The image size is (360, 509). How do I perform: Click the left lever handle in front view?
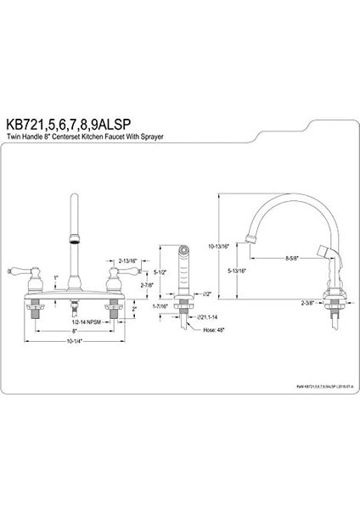pyautogui.click(x=37, y=273)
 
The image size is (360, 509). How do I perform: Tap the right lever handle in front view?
pyautogui.click(x=111, y=273)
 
